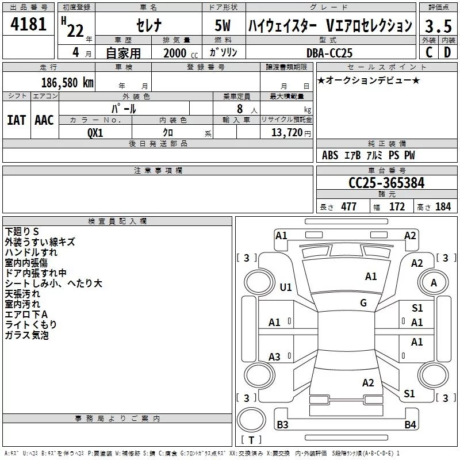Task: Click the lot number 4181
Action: coord(28,24)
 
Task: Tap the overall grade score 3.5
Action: coord(438,26)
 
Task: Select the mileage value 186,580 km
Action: coord(67,83)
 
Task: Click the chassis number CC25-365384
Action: coord(386,183)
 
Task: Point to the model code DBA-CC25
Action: coord(329,53)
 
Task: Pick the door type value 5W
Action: coord(223,25)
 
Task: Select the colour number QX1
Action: coord(95,133)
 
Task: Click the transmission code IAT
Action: coord(16,120)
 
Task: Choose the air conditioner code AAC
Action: coord(44,120)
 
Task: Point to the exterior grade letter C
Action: coord(429,52)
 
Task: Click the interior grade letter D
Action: coord(447,52)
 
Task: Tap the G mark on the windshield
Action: coord(363,302)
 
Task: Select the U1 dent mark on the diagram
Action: coord(285,287)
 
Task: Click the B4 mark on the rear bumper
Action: coord(410,424)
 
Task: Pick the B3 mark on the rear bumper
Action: coord(282,424)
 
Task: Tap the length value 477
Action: coord(348,206)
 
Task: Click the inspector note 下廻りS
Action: coord(22,232)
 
